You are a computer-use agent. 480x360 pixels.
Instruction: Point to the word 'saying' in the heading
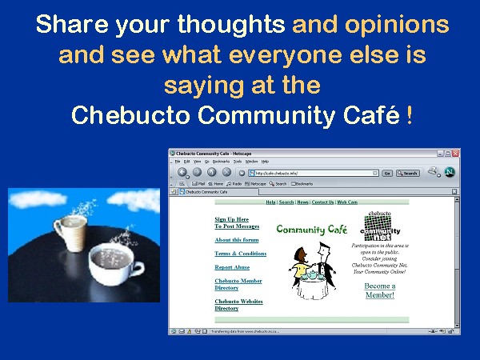202,86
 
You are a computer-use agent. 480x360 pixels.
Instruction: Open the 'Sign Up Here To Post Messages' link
237,222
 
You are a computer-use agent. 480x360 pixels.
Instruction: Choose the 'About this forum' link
237,239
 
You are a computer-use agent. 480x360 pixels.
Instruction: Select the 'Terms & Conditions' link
241,253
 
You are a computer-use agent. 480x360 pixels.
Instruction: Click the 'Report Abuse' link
232,267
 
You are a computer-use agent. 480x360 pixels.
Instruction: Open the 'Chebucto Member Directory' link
238,284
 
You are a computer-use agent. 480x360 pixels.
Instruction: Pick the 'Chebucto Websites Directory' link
238,304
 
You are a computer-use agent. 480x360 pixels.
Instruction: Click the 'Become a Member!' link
380,290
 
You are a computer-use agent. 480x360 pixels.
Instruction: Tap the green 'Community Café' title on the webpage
312,230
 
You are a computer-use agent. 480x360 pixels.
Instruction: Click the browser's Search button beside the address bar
408,173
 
